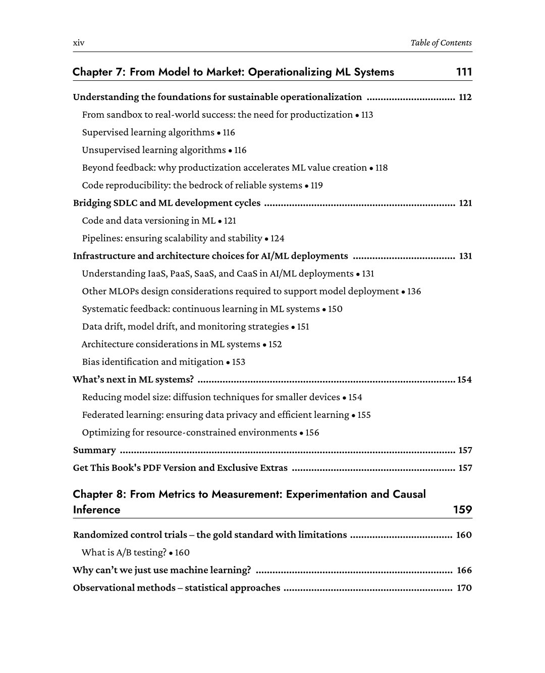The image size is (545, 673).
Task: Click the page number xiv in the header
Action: click(x=79, y=43)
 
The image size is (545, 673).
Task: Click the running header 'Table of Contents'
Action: click(x=441, y=43)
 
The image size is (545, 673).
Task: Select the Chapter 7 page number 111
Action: click(x=464, y=72)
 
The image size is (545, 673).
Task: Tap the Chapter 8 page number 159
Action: click(x=462, y=509)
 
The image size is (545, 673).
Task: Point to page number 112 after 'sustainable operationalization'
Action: click(x=465, y=97)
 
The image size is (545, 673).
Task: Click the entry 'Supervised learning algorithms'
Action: click(x=148, y=132)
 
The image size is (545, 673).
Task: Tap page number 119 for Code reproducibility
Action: click(x=316, y=185)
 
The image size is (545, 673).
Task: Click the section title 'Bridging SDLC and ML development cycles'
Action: click(x=167, y=203)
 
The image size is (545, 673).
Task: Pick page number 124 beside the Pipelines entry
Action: click(x=278, y=238)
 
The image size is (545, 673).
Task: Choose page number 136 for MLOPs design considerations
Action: click(x=414, y=292)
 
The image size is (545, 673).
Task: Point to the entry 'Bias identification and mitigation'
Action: click(x=152, y=362)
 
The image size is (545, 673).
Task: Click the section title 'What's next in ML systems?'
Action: click(x=133, y=380)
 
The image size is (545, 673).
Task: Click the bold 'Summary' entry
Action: click(x=94, y=450)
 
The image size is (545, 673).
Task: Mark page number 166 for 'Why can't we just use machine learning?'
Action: click(x=464, y=570)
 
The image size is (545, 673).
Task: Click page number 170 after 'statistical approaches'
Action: click(x=464, y=588)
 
